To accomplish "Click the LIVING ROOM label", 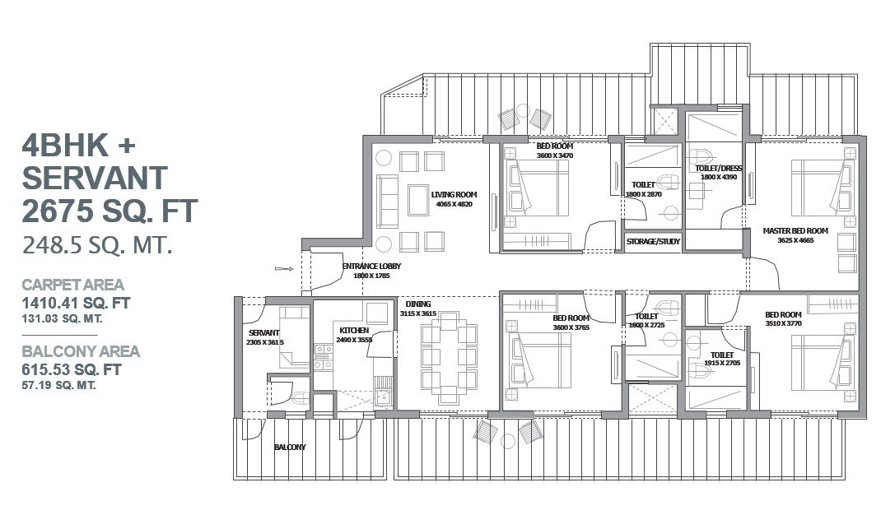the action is (454, 194).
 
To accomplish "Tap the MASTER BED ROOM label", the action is (795, 231).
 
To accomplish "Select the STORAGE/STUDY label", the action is (653, 242).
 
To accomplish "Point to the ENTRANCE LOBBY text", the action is (371, 267).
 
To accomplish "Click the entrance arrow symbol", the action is (284, 269).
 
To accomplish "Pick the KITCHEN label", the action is (354, 331).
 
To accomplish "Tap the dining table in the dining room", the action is (449, 358).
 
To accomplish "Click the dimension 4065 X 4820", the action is (454, 204).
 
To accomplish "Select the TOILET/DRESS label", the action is (718, 169).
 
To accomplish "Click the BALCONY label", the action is (290, 448).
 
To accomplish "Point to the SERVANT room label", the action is (263, 333).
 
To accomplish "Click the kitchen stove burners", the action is (324, 357).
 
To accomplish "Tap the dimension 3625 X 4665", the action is (795, 241).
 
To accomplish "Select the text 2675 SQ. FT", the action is (110, 211).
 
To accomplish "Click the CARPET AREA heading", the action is (72, 285).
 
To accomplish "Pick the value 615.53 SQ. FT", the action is (72, 369).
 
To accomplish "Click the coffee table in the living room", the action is (418, 200).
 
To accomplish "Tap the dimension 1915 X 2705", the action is (722, 363).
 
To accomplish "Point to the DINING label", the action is (417, 304).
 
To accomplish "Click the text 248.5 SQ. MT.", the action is (97, 246).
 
